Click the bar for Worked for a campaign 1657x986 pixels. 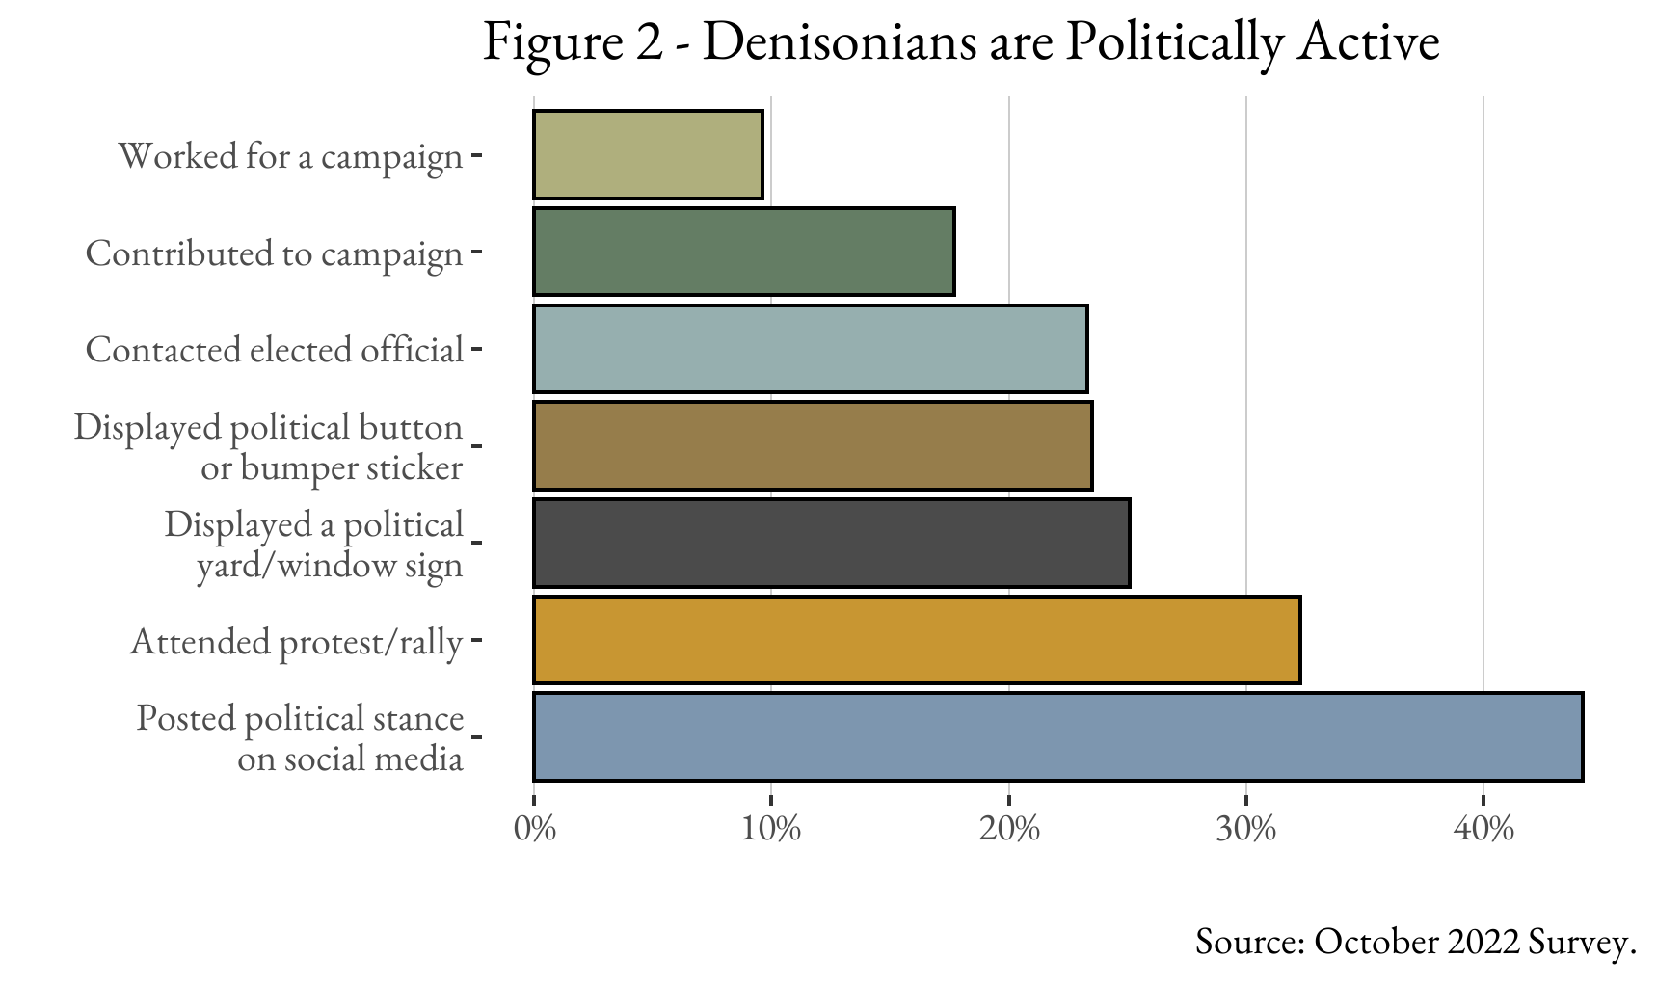tap(648, 155)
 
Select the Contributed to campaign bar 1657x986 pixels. tap(743, 252)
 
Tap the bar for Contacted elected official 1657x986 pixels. tap(810, 349)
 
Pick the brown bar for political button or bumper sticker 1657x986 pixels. tap(813, 445)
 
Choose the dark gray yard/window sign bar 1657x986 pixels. tap(831, 543)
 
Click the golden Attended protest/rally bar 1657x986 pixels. tap(916, 640)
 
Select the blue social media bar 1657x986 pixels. tap(1057, 736)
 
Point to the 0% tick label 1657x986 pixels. tap(535, 829)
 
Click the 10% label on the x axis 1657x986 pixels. tap(771, 829)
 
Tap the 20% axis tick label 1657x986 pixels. tap(1008, 829)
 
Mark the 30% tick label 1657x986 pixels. tap(1245, 829)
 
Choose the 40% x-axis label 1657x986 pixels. tap(1483, 829)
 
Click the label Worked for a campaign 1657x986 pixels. tap(290, 156)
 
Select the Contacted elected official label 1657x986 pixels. tap(275, 350)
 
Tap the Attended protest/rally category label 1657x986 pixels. tap(296, 642)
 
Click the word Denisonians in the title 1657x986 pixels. tap(839, 42)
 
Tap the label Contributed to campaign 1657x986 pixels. tap(275, 253)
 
